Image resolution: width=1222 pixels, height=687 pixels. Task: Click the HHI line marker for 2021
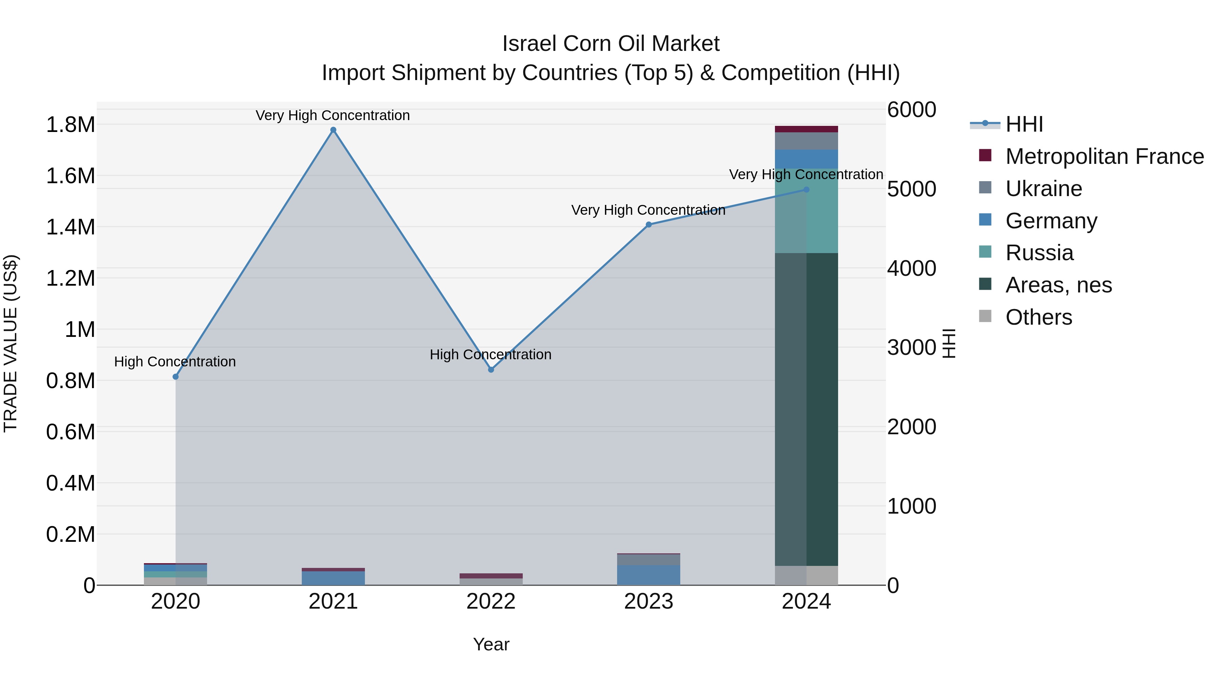(333, 130)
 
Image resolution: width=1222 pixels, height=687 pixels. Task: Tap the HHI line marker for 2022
(491, 370)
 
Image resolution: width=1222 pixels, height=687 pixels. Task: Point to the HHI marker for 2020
(175, 377)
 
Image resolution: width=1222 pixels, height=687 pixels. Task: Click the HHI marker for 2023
(648, 225)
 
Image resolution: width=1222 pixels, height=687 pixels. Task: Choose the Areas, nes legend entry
(1058, 285)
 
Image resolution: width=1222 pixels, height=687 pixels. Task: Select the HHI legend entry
(1024, 124)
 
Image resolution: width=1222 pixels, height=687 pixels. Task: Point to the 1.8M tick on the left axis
(70, 125)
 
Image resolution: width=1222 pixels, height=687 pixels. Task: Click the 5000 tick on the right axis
(911, 189)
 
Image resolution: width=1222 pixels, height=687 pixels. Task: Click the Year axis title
(491, 644)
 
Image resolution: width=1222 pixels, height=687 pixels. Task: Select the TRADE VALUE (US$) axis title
(11, 343)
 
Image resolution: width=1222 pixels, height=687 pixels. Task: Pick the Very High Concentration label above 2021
(333, 115)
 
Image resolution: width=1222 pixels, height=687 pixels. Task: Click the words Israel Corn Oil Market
(611, 44)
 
